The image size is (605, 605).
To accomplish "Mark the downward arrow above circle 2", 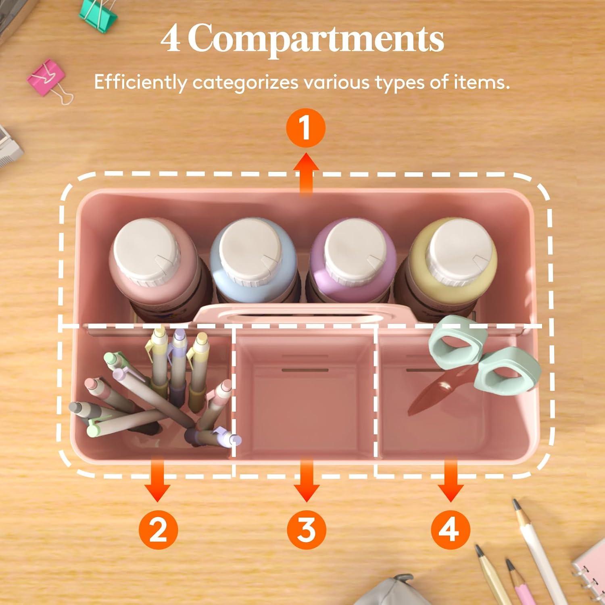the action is pos(158,480).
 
